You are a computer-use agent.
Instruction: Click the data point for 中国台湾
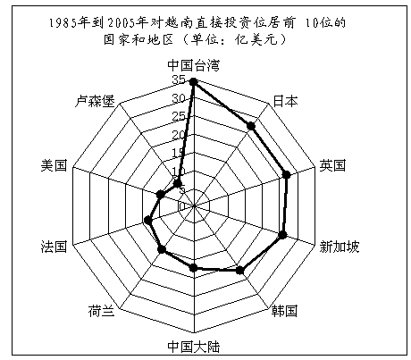coord(194,81)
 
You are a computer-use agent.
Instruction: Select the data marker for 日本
coord(251,126)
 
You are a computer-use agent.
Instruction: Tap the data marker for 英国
coord(286,174)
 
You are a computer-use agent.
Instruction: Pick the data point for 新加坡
coord(282,235)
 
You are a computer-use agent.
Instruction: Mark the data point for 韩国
coord(239,270)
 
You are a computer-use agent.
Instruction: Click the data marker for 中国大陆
coord(194,267)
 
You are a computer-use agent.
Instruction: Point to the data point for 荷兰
coord(162,249)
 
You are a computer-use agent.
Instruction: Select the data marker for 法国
coord(147,221)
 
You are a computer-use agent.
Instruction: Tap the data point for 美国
coord(160,195)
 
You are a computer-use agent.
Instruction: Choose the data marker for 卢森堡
coord(178,184)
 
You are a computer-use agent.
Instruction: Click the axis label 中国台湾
coord(194,65)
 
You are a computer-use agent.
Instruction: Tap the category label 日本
coord(285,101)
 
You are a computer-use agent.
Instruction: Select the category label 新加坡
coord(340,247)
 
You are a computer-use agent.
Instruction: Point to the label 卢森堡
coord(95,101)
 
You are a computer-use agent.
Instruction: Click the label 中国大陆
coord(194,347)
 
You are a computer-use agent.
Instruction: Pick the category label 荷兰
coord(101,311)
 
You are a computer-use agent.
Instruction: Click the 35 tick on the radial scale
coord(179,80)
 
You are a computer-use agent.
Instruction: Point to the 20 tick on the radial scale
coord(179,135)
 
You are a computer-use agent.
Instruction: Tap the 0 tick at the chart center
coord(182,205)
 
